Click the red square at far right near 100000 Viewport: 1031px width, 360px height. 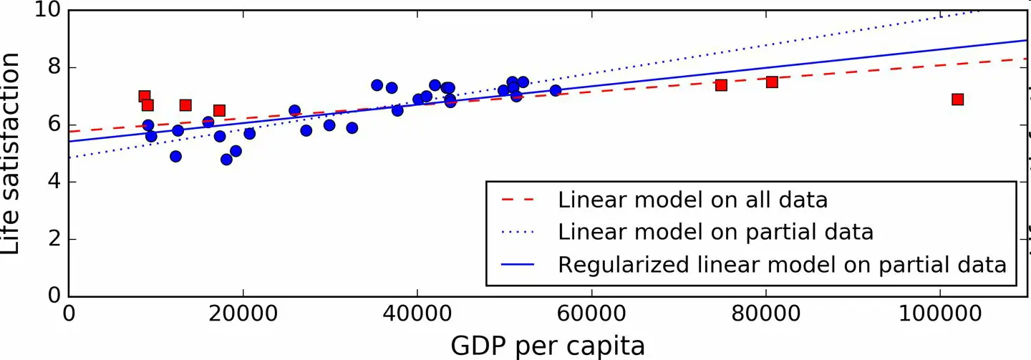pyautogui.click(x=957, y=99)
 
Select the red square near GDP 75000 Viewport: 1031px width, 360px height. pyautogui.click(x=721, y=85)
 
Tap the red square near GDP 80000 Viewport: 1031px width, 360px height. pyautogui.click(x=772, y=82)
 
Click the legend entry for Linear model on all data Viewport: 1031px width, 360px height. pyautogui.click(x=692, y=199)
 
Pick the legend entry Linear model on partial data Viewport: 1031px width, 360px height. pyautogui.click(x=715, y=232)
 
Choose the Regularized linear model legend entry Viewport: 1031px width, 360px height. pyautogui.click(x=782, y=264)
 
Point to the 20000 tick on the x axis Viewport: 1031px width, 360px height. pyautogui.click(x=243, y=316)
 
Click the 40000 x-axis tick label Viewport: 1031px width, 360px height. pyautogui.click(x=417, y=316)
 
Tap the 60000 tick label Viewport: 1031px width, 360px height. pyautogui.click(x=591, y=316)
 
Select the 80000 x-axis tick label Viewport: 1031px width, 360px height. pyautogui.click(x=766, y=316)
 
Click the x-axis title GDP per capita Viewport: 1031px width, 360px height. pyautogui.click(x=548, y=346)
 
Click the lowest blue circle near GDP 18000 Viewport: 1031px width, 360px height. pyautogui.click(x=226, y=160)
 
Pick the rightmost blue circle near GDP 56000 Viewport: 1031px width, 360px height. pyautogui.click(x=556, y=90)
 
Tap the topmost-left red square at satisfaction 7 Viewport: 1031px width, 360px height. pyautogui.click(x=145, y=97)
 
